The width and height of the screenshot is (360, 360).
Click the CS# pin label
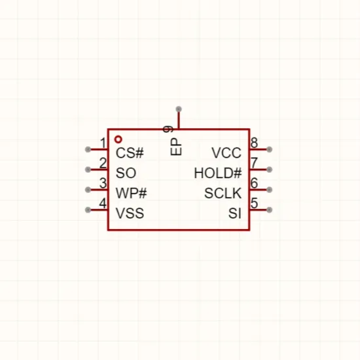tap(130, 153)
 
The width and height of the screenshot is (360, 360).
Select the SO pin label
tap(126, 173)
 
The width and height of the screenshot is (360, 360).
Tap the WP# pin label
tap(131, 193)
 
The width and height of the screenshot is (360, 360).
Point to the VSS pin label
tap(130, 213)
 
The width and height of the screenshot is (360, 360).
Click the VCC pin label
tap(226, 153)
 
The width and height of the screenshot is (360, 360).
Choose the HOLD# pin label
tap(218, 173)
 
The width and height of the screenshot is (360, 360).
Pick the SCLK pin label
tap(223, 193)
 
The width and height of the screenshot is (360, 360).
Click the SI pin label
tap(235, 213)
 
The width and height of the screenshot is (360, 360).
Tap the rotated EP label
tap(176, 147)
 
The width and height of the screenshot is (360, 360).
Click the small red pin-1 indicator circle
tap(118, 139)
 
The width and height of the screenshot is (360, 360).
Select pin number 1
tap(103, 143)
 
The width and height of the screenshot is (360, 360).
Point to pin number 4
tap(103, 204)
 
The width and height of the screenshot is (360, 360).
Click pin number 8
tap(254, 143)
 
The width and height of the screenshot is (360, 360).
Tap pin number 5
tap(254, 203)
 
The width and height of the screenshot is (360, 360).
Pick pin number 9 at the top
tap(168, 129)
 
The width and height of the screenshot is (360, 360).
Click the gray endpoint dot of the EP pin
tap(179, 109)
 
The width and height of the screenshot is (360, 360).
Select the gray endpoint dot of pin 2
tap(88, 170)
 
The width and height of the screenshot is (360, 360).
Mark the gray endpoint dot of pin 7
tap(269, 170)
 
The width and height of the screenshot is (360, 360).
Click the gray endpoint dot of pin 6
tap(269, 190)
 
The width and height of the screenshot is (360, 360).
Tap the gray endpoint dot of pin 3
tap(88, 190)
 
